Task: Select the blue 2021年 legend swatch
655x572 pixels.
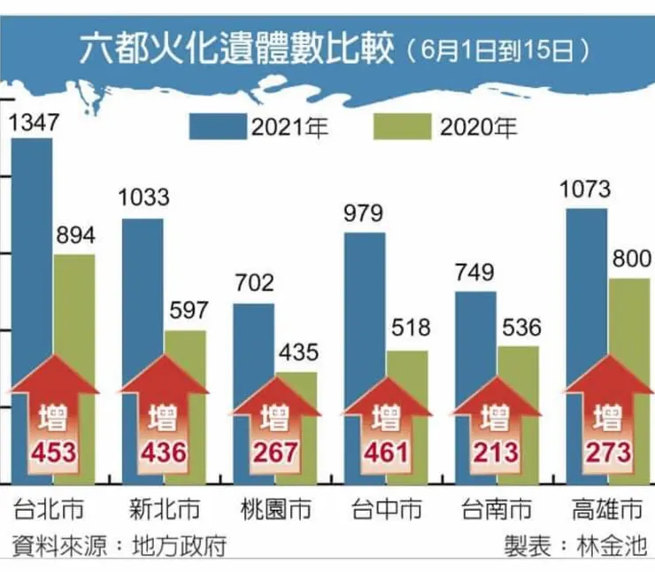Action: click(x=219, y=129)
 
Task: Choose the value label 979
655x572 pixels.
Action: click(x=364, y=213)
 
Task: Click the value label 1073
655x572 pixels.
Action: click(x=586, y=189)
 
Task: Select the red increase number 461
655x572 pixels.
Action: click(x=385, y=453)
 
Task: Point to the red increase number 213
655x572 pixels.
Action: click(x=497, y=453)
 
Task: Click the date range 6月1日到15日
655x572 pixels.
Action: click(x=498, y=50)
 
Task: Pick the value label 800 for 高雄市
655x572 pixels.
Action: click(x=629, y=259)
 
